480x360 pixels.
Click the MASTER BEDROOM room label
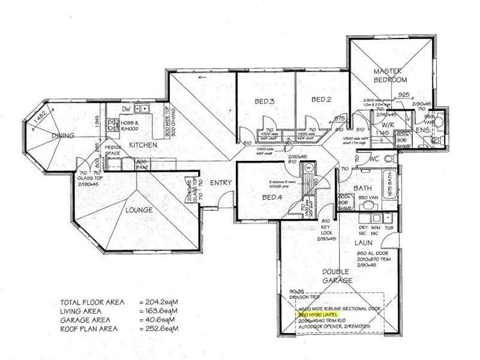391,75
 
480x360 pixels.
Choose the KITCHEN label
143,145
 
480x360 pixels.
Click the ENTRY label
221,183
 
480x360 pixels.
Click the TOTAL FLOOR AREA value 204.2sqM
157,302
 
